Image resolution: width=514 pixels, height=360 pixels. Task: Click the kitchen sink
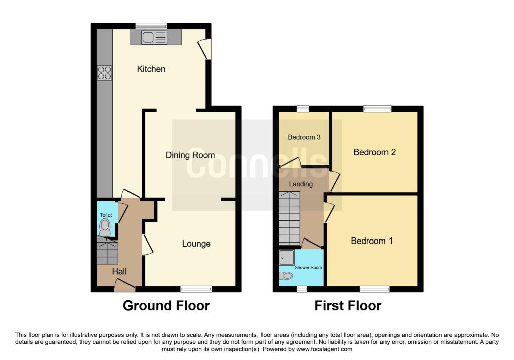tap(155, 37)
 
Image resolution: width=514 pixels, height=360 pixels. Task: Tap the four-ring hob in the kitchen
tap(105, 73)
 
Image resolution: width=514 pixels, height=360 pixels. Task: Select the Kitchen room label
tap(151, 69)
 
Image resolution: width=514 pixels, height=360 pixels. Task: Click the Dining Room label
tap(190, 155)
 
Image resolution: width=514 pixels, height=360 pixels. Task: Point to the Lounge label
tap(196, 244)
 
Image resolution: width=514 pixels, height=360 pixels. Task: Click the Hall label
tap(119, 271)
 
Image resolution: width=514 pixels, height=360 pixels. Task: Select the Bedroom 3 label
tap(304, 137)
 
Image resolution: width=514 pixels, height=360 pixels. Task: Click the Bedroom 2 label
tap(374, 152)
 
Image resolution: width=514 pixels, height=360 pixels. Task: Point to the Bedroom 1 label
tap(371, 241)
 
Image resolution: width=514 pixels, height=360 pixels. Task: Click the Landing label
tap(301, 184)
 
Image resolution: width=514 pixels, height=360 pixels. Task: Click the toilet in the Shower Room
tap(286, 275)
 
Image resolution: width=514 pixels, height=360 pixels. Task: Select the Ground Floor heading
tap(166, 305)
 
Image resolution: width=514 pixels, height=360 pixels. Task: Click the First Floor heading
tap(348, 305)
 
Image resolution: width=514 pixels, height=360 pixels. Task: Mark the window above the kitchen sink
tap(151, 26)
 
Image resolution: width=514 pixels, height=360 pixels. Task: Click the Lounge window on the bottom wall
tap(196, 289)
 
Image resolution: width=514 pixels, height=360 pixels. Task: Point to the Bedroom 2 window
tap(377, 108)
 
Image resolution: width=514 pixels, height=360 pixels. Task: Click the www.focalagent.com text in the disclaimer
tap(325, 349)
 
